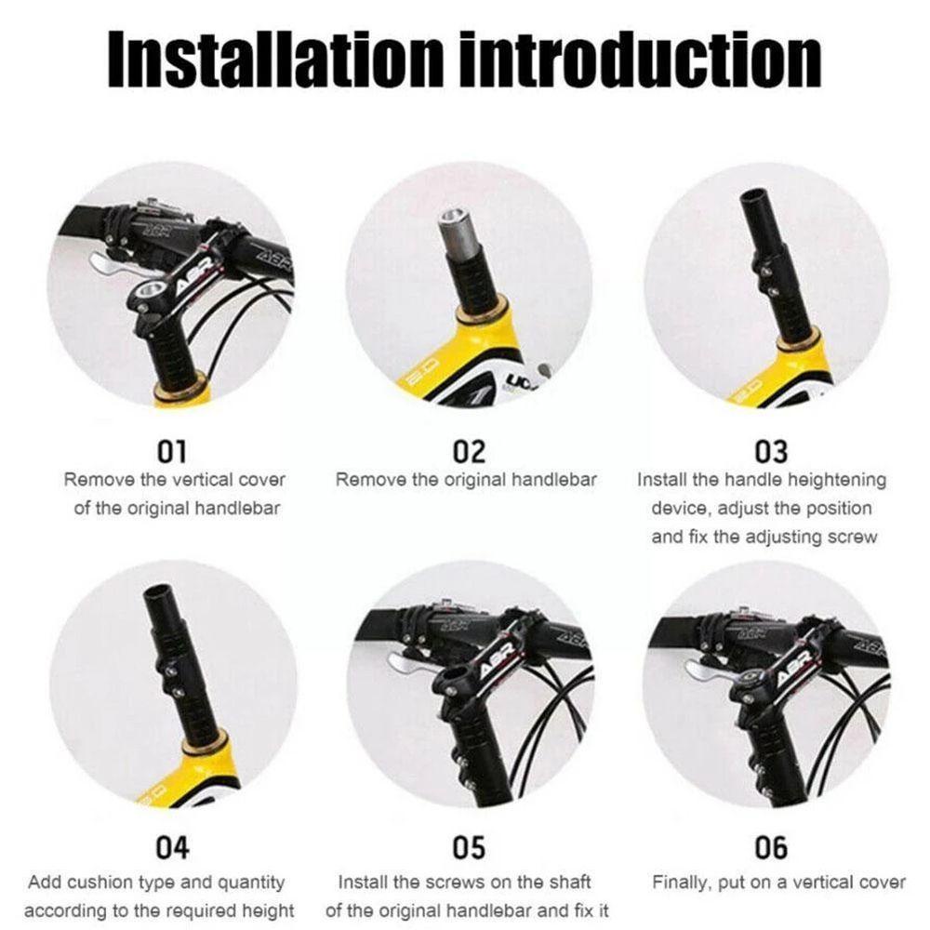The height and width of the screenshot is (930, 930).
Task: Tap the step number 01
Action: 171,452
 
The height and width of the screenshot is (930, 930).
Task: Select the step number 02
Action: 469,452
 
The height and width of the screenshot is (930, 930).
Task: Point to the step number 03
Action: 770,452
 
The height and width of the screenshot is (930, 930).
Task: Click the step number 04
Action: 171,847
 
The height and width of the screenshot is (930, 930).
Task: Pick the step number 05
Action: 469,847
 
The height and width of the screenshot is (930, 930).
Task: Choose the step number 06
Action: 770,847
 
